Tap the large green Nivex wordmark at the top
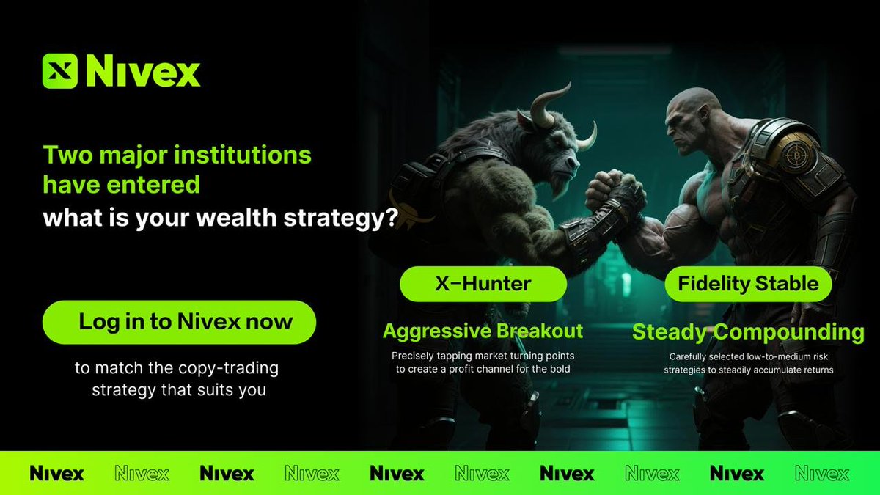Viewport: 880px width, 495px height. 143,72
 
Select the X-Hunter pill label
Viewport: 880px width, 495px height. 483,283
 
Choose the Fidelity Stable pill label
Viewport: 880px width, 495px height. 748,283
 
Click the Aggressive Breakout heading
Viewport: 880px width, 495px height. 483,331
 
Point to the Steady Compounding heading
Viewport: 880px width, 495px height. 748,332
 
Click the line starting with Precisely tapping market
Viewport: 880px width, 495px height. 483,356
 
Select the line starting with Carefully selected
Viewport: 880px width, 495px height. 748,356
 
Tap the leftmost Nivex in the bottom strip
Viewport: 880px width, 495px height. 56,474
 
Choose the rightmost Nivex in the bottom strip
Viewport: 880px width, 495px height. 822,474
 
